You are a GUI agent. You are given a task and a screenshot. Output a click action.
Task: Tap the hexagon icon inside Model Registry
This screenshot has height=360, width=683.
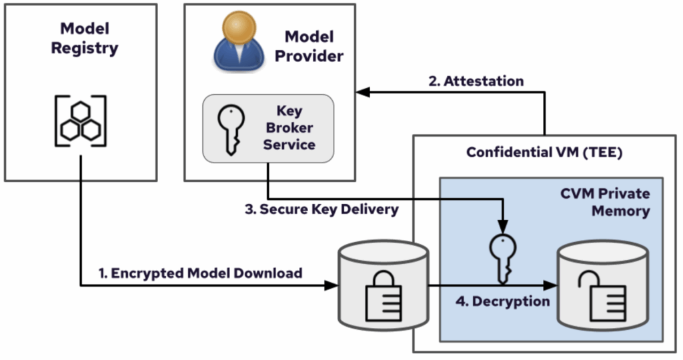(80, 121)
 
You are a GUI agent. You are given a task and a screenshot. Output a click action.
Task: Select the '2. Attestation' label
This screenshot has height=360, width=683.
(476, 81)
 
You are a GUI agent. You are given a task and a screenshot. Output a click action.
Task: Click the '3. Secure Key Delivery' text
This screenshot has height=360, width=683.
(321, 209)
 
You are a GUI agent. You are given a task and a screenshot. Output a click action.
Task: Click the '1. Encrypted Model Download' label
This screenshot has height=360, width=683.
(200, 273)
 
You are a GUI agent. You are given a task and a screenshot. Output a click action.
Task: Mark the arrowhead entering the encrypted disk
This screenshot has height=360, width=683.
(331, 286)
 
